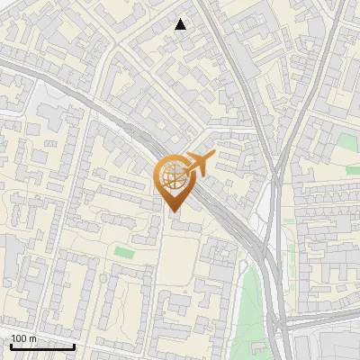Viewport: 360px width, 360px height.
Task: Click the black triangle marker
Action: point(181,24)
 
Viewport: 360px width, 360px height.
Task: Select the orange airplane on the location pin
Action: point(199,163)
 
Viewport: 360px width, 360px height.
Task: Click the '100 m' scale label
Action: point(23,338)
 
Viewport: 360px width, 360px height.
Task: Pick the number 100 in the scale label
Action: point(19,338)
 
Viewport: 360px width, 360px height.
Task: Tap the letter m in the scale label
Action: point(32,338)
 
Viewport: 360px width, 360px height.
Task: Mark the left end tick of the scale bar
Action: point(10,346)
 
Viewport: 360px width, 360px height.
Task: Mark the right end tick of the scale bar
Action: point(75,346)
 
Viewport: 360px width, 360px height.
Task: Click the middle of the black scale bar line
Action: point(42,347)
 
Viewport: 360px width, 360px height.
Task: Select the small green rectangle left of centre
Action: point(124,254)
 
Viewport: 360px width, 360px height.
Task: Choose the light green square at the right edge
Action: point(347,142)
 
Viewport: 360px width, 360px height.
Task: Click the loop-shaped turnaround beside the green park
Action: point(243,266)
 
